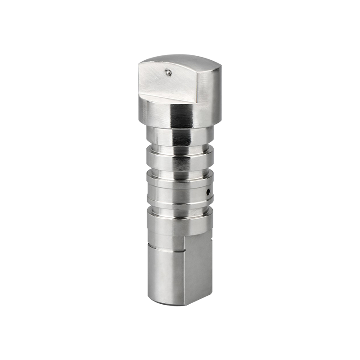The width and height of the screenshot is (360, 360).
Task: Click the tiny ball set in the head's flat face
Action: pos(167,71)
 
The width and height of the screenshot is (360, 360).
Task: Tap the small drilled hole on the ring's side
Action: pos(208,192)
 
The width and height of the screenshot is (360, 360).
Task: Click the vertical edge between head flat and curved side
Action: pos(198,85)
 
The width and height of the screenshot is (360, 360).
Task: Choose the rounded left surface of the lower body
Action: pos(164,274)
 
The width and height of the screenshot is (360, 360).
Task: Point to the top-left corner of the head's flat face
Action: pos(139,63)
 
